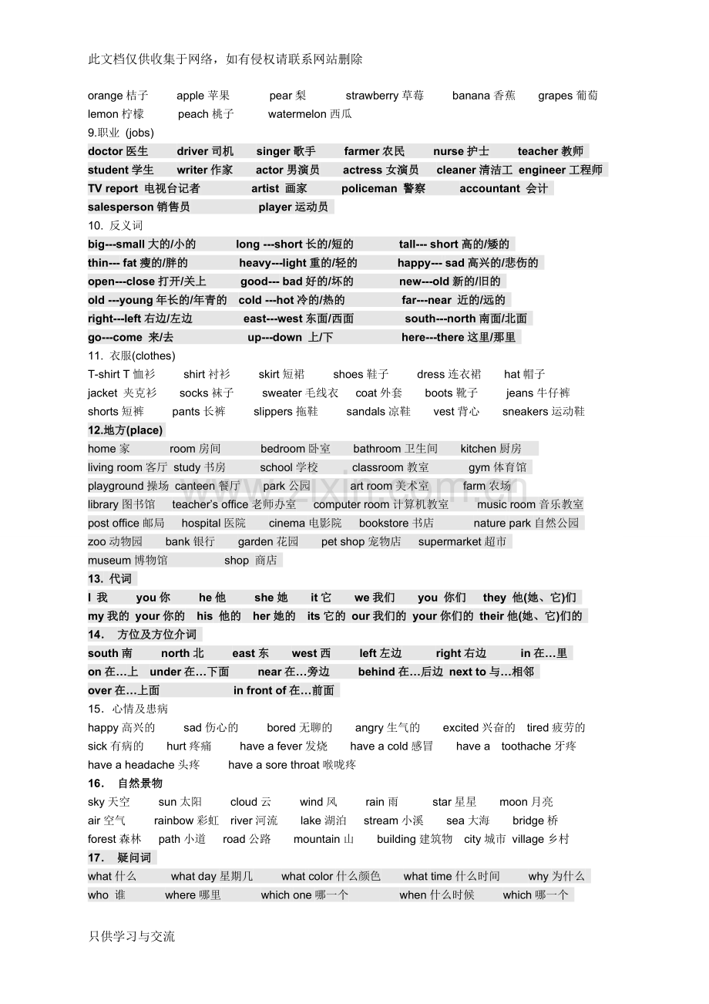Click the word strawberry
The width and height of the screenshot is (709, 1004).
[x=372, y=96]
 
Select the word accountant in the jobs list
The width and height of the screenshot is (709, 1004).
[x=489, y=188]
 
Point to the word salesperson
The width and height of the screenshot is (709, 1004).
[x=120, y=207]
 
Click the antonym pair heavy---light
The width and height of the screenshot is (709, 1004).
[x=273, y=263]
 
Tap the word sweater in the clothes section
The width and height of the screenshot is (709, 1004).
[x=281, y=393]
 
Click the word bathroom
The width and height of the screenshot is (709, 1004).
[x=378, y=449]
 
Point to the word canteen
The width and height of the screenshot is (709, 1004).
[x=195, y=486]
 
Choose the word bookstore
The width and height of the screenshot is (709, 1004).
[x=384, y=523]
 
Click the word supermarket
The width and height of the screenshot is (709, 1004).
[x=451, y=541]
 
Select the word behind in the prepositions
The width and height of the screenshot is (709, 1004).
[x=376, y=672]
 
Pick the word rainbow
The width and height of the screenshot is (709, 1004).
[x=174, y=820]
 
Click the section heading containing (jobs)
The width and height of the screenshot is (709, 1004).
[x=121, y=133]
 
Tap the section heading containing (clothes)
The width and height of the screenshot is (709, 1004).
[x=132, y=355]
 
